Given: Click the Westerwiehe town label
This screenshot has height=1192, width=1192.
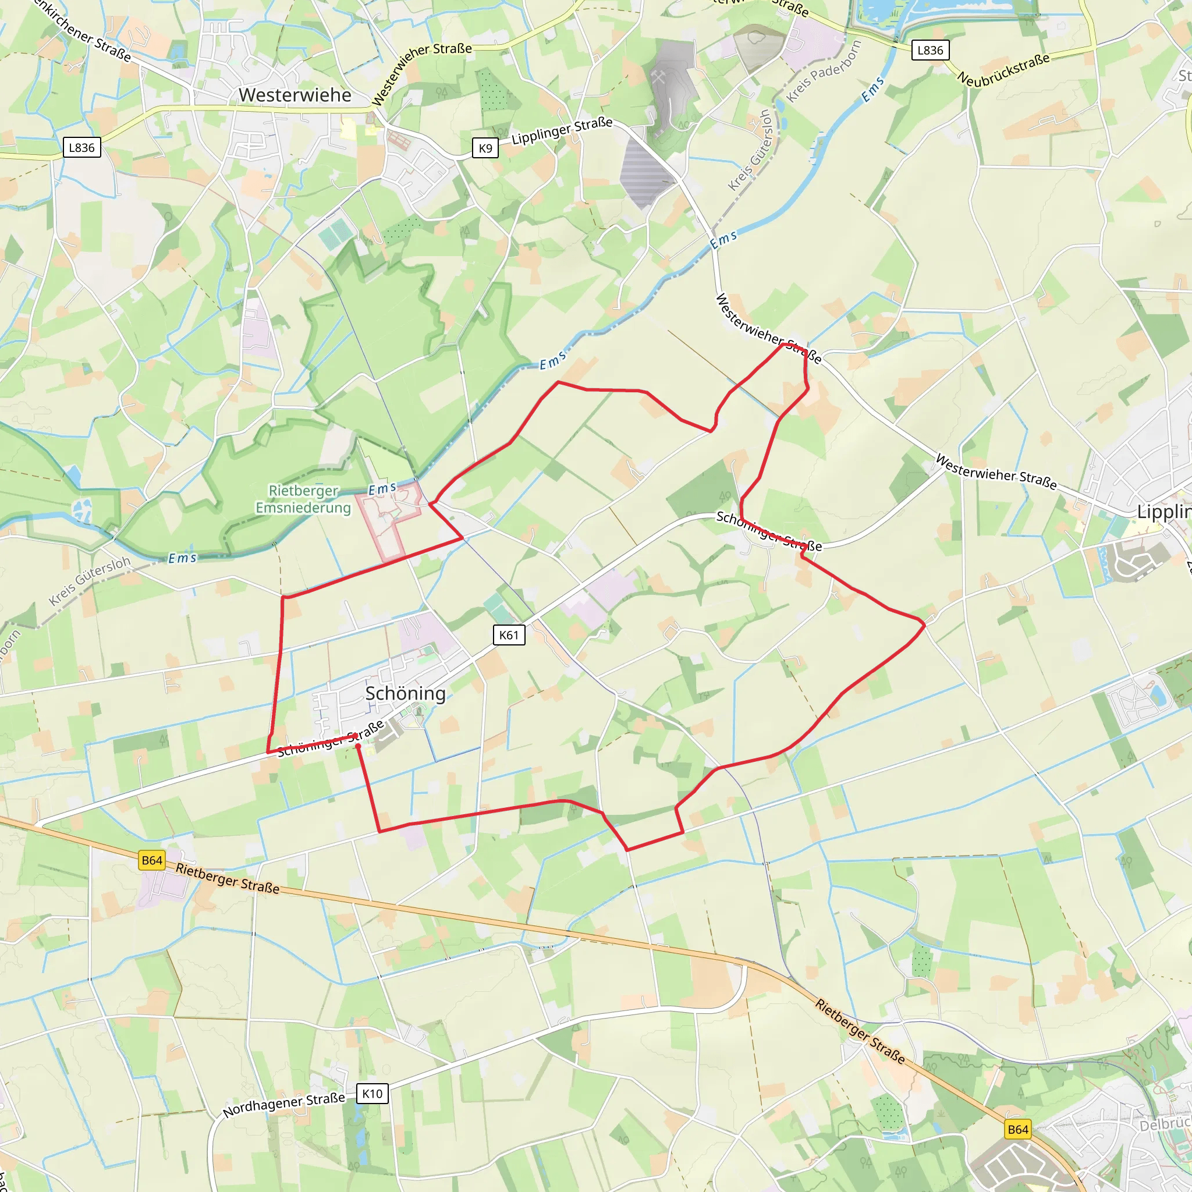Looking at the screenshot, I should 295,95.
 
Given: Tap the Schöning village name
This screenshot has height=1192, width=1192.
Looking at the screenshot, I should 405,693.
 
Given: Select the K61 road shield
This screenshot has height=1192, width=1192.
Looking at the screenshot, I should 509,635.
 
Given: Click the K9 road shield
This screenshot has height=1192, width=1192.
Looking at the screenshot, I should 485,148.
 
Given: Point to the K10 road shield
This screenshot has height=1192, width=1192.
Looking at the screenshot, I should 372,1094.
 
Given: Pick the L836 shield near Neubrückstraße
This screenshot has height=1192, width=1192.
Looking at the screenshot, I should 930,51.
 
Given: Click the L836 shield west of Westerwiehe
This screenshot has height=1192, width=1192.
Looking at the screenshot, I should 81,147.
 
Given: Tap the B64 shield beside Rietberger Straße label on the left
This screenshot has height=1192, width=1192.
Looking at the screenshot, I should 152,861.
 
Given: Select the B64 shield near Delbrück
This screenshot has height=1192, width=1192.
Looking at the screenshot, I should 1017,1130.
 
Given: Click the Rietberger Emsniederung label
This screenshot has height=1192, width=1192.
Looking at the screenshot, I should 304,499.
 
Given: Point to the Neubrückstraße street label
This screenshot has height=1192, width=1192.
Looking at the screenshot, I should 1003,69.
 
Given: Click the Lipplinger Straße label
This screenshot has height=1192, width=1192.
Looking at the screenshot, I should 562,131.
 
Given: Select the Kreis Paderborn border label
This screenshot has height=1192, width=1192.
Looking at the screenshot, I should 824,72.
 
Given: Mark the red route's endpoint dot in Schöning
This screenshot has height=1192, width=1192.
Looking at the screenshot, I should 359,746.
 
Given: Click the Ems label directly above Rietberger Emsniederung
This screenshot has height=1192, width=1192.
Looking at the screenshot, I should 382,489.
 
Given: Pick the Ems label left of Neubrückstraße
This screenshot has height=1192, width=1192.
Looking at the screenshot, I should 872,90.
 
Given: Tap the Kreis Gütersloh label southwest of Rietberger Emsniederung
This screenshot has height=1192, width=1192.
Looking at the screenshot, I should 90,580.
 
